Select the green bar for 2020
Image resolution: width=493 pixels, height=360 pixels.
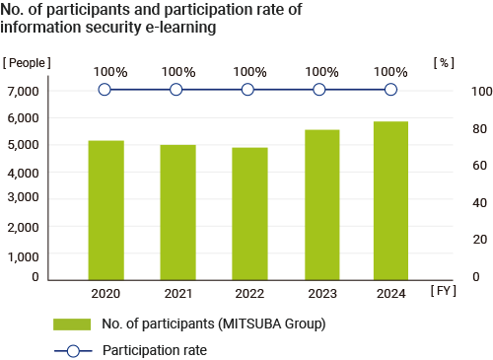106,210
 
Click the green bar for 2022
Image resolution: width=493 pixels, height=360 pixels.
247,213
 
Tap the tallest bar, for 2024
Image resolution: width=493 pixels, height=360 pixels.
390,200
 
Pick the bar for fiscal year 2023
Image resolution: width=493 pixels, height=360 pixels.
319,204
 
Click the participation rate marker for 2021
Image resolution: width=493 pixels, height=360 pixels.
176,90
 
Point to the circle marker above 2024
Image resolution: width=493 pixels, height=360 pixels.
390,90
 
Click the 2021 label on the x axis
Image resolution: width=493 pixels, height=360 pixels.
176,294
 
